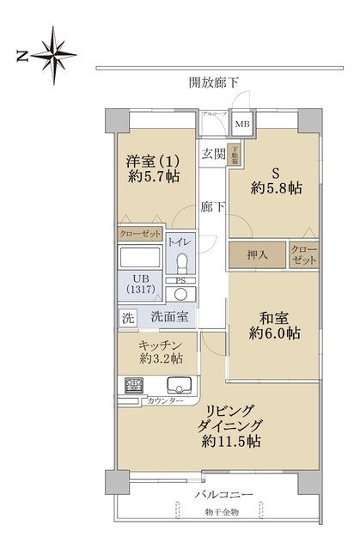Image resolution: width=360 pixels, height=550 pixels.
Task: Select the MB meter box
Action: (243, 124)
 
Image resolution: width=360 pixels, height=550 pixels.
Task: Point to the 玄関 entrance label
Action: (214, 155)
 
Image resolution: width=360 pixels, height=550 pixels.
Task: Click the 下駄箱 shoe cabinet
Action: (235, 156)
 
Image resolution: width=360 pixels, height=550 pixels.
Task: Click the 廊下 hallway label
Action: (214, 206)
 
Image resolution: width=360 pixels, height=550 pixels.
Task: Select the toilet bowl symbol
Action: (180, 262)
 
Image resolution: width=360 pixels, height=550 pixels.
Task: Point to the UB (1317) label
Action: (139, 284)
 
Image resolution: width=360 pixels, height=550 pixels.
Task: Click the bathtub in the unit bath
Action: (140, 258)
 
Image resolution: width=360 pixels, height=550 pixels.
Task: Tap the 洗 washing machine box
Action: (127, 316)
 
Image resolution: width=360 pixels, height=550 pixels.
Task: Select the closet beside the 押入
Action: (303, 254)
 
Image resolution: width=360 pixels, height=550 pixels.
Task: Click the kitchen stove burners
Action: (134, 386)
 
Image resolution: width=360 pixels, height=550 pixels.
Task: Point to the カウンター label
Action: (165, 401)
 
